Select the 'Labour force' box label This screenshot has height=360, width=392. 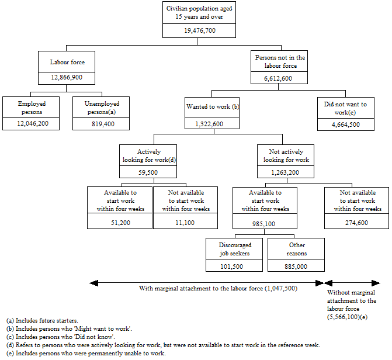[66, 62]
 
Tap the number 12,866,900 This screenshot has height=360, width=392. [66, 78]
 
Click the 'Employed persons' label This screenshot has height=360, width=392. [32, 108]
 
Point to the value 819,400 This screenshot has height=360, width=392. [102, 124]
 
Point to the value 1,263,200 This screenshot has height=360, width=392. [286, 172]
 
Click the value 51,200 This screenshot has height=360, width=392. [119, 222]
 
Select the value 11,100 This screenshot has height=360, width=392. [185, 222]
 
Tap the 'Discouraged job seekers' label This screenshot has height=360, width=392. [235, 249]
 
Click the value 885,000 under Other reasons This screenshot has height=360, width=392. [297, 266]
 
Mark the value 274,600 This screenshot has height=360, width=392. [357, 222]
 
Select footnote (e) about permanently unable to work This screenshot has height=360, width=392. [86, 354]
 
